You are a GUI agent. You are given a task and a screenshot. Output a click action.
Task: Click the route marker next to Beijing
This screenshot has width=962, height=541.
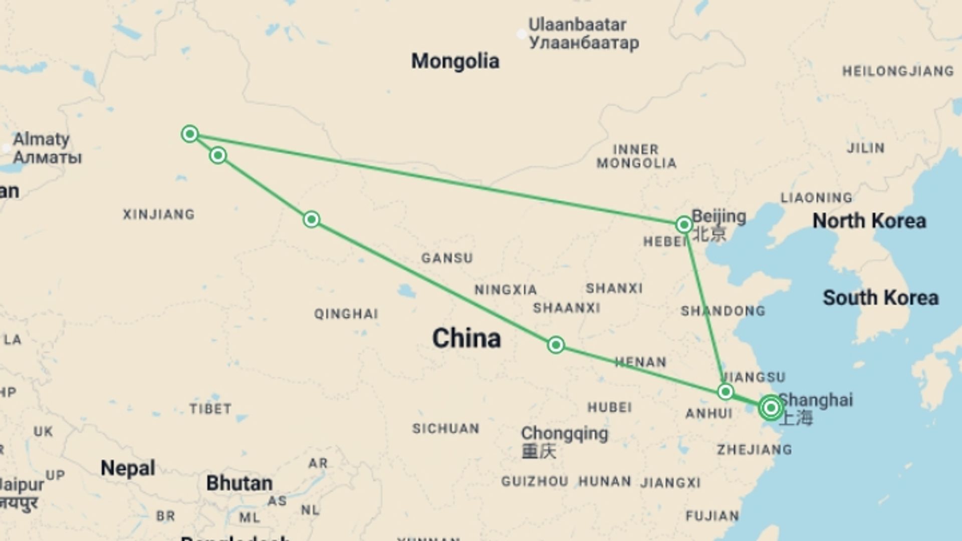point(684,224)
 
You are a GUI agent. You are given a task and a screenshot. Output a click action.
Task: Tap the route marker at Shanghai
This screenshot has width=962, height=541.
point(771,408)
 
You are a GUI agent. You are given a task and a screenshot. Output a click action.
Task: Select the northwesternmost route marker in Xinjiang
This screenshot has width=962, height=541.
point(190,134)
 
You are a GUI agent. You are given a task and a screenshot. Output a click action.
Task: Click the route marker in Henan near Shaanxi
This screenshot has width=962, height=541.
point(556,345)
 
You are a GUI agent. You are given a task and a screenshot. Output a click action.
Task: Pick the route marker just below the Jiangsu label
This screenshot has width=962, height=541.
point(726,391)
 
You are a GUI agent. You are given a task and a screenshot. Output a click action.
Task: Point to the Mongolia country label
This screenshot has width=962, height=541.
point(455,61)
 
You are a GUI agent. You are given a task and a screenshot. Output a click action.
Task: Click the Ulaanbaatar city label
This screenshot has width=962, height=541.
point(577,25)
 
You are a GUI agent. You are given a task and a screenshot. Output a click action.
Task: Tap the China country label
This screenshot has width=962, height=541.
point(466,338)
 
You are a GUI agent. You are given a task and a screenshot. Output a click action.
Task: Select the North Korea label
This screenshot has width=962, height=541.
point(869,221)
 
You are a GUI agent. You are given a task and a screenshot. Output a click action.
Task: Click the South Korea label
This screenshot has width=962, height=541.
point(880,298)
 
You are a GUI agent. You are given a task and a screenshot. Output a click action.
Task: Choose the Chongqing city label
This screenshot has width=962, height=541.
point(564,434)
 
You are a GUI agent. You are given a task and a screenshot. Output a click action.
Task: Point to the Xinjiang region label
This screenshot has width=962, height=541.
point(159,214)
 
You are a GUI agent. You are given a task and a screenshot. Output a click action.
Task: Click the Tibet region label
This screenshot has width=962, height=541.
point(210,409)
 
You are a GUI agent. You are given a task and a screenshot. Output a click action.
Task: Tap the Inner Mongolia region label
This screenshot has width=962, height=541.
point(636,156)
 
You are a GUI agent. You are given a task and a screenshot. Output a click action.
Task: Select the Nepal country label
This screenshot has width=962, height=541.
point(128,468)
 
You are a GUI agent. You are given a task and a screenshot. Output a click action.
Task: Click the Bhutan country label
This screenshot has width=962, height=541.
point(239,483)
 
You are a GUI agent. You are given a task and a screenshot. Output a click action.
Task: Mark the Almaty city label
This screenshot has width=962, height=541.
point(41,139)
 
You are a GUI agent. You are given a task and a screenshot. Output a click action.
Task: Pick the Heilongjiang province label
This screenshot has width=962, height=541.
point(898,71)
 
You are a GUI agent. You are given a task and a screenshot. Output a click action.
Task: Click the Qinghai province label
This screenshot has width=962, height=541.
point(346,314)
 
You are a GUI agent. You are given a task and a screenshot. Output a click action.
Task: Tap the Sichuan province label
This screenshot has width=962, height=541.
point(445,429)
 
